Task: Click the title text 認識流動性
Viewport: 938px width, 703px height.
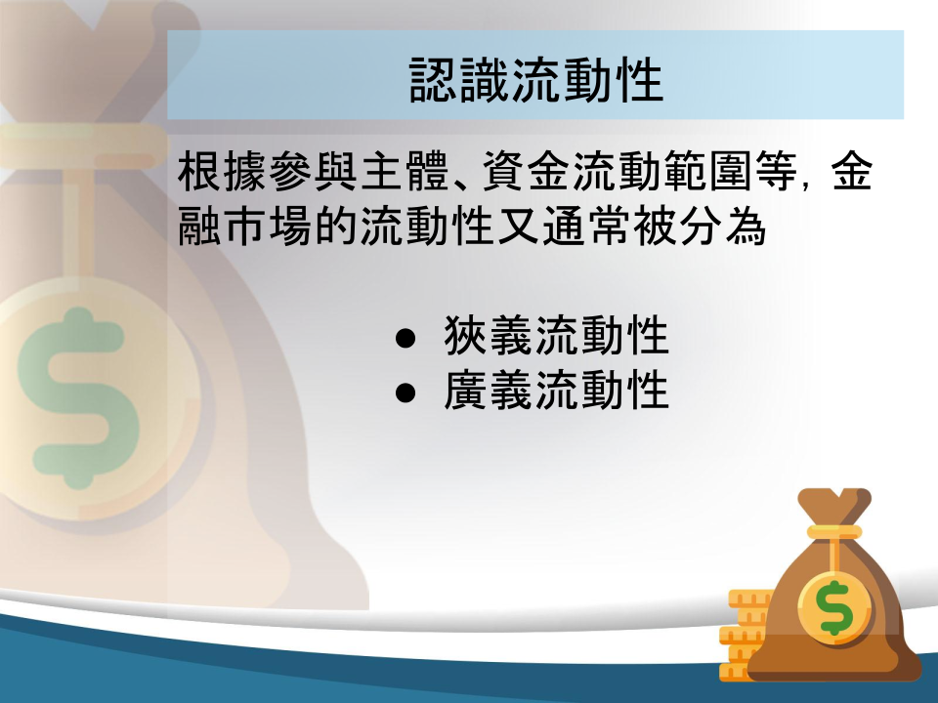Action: pos(536,80)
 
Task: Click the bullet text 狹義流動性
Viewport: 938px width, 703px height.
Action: pos(556,336)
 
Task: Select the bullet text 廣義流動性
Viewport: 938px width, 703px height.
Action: pos(556,391)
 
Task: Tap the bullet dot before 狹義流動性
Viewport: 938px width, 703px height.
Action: pos(405,338)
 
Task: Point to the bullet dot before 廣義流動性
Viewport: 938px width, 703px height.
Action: pos(405,393)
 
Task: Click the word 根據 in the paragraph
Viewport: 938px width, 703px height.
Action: pos(223,171)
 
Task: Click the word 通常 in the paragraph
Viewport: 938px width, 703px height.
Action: pos(587,226)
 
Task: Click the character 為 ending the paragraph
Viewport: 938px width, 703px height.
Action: pos(746,226)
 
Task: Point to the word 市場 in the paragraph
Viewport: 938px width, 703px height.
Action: pos(268,226)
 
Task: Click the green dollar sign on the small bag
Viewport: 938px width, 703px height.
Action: pos(835,607)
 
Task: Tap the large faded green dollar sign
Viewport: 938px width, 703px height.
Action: pos(78,397)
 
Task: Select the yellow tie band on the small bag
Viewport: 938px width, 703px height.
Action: pos(834,532)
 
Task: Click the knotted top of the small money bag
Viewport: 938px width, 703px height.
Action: pos(834,506)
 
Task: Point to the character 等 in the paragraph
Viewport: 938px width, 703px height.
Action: pos(775,171)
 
